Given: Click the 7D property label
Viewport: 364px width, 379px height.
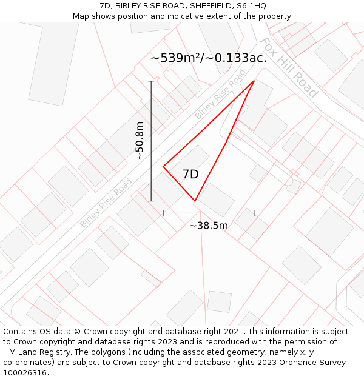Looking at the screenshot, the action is [190, 175].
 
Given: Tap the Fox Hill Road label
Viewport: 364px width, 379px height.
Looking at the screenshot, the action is [289, 67].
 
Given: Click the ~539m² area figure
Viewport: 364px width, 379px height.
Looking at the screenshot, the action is [177, 58].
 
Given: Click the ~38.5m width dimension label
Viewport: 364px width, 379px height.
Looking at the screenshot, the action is [209, 226].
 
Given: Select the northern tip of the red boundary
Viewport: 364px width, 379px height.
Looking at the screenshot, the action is [254, 80].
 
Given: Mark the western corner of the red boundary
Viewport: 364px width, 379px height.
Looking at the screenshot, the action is [163, 167].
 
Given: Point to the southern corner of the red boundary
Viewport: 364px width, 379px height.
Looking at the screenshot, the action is [195, 201].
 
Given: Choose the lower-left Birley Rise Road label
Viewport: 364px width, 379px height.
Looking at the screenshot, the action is [106, 203].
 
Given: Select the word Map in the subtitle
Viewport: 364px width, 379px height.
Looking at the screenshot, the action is [82, 16].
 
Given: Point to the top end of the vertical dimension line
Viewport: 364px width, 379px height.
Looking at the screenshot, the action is [151, 81].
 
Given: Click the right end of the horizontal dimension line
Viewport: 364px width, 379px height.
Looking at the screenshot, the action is [254, 213].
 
